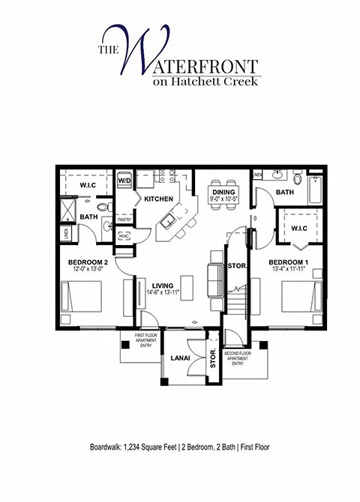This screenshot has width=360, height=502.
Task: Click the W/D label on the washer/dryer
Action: tap(124, 181)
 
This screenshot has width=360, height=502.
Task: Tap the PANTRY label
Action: tap(124, 220)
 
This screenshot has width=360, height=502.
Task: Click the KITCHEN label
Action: tap(159, 199)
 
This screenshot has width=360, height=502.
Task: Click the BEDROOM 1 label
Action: tap(288, 263)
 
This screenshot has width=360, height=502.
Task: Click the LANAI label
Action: tap(178, 358)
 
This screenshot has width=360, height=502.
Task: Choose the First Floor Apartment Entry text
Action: tap(145, 341)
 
